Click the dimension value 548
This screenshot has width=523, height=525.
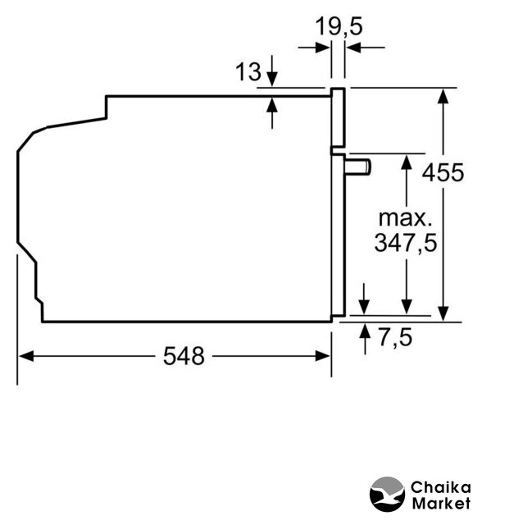tap(184, 355)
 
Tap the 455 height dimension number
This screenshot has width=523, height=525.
tap(443, 173)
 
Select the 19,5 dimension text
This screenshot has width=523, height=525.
tap(339, 26)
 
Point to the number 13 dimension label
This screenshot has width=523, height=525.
tap(248, 71)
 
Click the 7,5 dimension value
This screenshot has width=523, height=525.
tap(395, 337)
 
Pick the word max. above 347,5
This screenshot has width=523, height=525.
tap(405, 218)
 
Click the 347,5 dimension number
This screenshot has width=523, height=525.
tap(406, 243)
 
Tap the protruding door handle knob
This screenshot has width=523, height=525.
tap(357, 167)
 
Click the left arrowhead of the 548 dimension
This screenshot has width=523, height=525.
tap(26, 356)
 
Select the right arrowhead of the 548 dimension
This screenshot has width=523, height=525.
tap(322, 356)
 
